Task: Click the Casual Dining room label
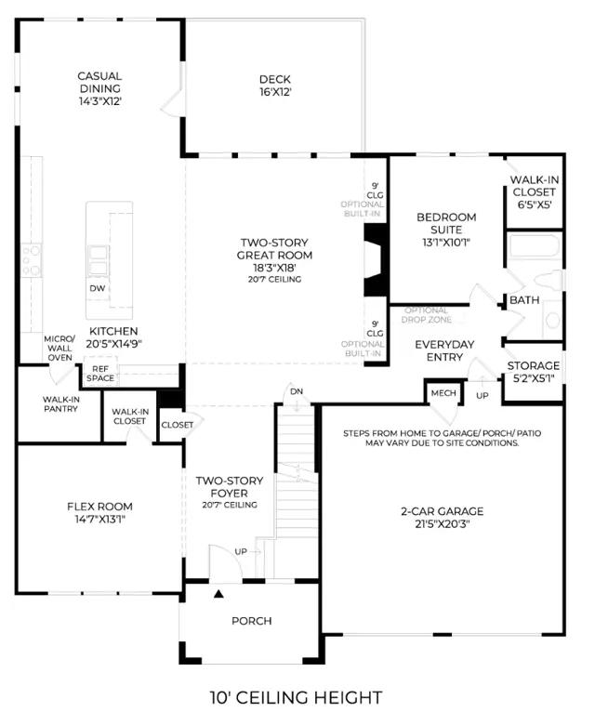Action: pyautogui.click(x=99, y=82)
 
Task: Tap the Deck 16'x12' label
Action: pyautogui.click(x=275, y=86)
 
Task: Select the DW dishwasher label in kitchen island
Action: pyautogui.click(x=98, y=288)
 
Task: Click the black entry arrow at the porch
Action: pyautogui.click(x=218, y=593)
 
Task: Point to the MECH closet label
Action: pyautogui.click(x=443, y=393)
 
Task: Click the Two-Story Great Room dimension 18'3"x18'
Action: pyautogui.click(x=275, y=268)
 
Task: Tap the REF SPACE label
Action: pyautogui.click(x=100, y=374)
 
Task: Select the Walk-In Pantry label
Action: pyautogui.click(x=60, y=404)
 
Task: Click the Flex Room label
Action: pyautogui.click(x=99, y=507)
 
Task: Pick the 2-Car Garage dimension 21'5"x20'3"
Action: pyautogui.click(x=442, y=524)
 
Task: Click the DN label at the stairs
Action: pyautogui.click(x=297, y=391)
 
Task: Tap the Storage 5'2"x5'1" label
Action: pyautogui.click(x=534, y=372)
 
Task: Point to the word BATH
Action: pyautogui.click(x=524, y=299)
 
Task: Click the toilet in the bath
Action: pyautogui.click(x=550, y=280)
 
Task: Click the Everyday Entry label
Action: pyautogui.click(x=444, y=350)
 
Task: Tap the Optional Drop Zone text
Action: pyautogui.click(x=427, y=315)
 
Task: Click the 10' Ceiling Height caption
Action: pyautogui.click(x=296, y=697)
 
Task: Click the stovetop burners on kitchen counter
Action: pyautogui.click(x=32, y=260)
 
